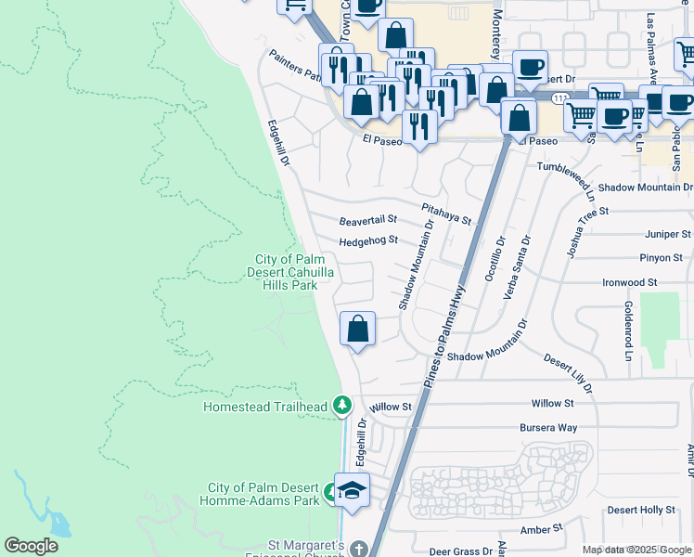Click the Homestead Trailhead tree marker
(342, 406)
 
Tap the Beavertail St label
(367, 221)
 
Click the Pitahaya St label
(446, 214)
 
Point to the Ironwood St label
(629, 282)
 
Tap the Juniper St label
(666, 235)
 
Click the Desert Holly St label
(641, 511)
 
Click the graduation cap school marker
(353, 490)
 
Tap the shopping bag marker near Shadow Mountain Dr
(357, 330)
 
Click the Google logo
(31, 546)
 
